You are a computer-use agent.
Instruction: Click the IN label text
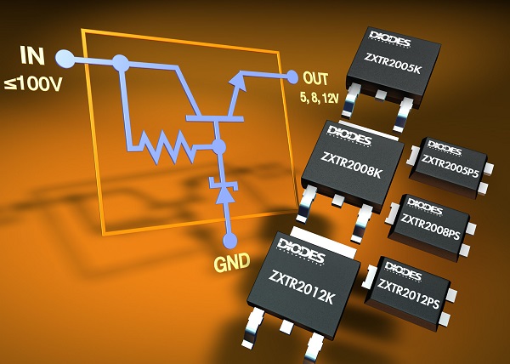[32, 55]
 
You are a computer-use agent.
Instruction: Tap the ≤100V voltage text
[33, 84]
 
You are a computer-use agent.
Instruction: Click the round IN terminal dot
[65, 59]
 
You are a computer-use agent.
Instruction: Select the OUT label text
[315, 78]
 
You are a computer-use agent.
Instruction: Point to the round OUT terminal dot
[292, 77]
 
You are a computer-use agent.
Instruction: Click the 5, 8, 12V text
[319, 97]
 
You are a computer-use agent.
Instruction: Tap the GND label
[232, 262]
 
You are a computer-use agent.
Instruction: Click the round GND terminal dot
[230, 241]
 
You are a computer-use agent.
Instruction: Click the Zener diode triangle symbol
[224, 195]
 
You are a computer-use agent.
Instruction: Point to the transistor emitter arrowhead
[237, 81]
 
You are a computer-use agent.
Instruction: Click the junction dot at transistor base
[218, 147]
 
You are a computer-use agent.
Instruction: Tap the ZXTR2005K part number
[392, 64]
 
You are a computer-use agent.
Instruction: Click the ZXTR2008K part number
[350, 165]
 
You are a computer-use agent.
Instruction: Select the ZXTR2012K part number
[301, 287]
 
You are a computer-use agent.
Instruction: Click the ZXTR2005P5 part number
[450, 166]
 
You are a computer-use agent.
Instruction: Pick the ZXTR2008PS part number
[430, 226]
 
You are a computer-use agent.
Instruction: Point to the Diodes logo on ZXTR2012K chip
[301, 250]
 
